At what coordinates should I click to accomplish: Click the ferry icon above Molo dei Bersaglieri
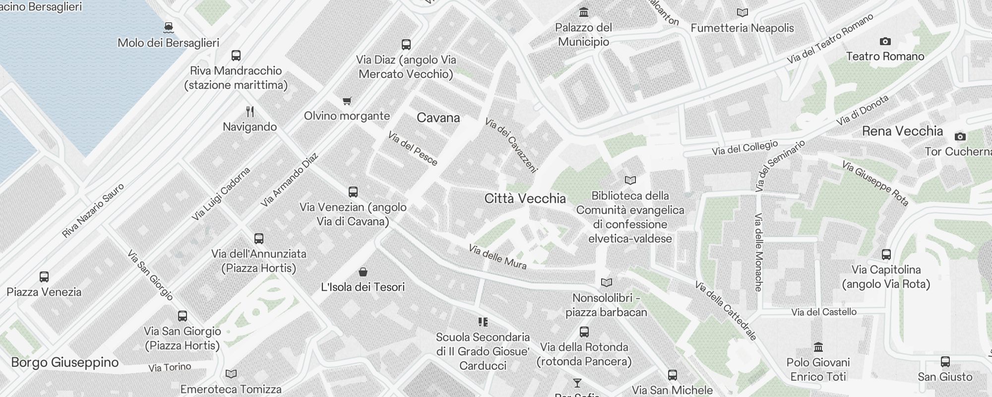[169, 27]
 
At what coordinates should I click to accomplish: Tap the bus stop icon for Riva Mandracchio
[236, 56]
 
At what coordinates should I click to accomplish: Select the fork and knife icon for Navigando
[250, 112]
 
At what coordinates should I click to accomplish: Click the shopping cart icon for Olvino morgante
[347, 101]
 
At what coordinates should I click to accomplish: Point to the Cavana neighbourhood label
[438, 118]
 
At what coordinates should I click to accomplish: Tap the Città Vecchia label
[525, 198]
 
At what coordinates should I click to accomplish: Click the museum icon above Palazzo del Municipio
[584, 12]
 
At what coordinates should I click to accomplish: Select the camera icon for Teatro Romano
[885, 41]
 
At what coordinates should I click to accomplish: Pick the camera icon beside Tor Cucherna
[960, 136]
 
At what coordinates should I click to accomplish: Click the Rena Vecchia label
[902, 131]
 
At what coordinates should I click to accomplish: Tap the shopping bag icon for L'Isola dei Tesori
[363, 272]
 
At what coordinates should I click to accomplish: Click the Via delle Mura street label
[497, 257]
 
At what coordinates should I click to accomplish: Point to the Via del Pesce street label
[413, 148]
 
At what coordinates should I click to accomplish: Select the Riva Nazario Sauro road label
[93, 210]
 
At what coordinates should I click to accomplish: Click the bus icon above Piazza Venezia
[44, 277]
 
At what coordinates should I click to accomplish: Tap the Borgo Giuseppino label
[64, 362]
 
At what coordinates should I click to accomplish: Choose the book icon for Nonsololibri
[606, 283]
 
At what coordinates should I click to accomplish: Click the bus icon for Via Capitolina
[886, 255]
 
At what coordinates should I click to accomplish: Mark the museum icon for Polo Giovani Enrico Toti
[818, 347]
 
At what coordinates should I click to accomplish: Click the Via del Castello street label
[824, 312]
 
